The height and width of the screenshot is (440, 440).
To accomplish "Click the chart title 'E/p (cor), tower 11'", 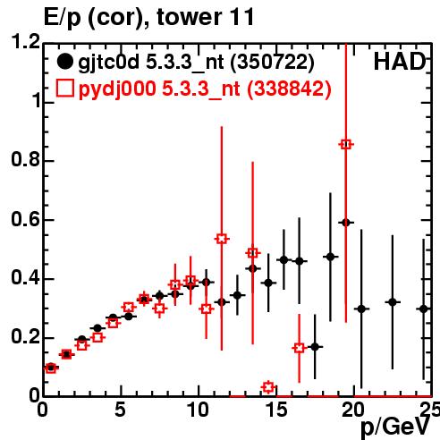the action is pos(148,17).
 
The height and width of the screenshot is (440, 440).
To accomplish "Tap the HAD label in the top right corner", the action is pos(400,62).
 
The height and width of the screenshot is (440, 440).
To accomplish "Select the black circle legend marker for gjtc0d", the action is pos(65,62).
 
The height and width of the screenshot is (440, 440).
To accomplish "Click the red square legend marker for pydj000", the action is pos(65,89).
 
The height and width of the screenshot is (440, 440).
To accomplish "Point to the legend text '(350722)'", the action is pos(273,62).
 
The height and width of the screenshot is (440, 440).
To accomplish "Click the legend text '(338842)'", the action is pos(289,89).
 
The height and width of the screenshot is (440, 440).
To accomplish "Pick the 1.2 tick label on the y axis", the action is pos(25,41).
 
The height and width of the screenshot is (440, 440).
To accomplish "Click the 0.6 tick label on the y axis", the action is pos(25,219).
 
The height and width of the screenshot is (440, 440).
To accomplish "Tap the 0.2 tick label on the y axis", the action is pos(25,337).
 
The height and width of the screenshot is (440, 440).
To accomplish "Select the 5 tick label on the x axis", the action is pos(121,410).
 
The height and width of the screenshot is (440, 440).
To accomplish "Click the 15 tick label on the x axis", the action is pos(275,410).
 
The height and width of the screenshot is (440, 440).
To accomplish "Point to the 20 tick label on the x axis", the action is pos(353,410).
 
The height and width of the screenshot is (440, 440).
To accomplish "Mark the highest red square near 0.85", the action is pos(346,145).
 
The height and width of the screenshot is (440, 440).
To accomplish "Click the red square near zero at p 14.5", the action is pos(268,387).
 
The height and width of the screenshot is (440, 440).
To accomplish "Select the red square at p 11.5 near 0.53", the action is pos(222,239).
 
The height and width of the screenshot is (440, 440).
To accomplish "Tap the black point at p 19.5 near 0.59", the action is pos(346,223).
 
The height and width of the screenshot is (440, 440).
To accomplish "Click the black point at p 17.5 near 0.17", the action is pos(315,347).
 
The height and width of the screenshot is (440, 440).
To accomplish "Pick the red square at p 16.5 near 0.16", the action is pos(300,348).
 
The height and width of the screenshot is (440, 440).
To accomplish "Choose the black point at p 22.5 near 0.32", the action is pos(393,302).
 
